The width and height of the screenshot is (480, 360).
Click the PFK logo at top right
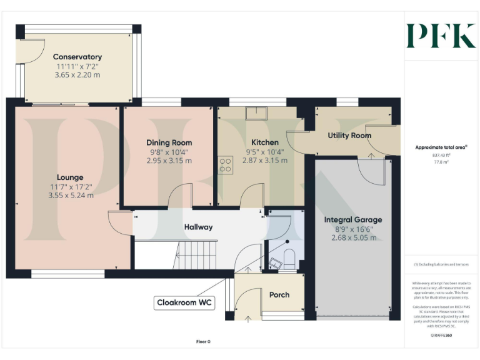[x=441, y=36]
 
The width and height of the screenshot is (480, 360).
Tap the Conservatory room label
[x=77, y=57]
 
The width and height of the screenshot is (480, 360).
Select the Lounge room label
[x=69, y=177]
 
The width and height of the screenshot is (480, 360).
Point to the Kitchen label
[x=264, y=142]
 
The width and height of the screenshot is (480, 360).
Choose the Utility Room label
[x=349, y=135]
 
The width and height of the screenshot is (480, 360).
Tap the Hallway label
[x=198, y=227]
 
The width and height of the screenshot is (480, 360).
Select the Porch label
[x=279, y=294]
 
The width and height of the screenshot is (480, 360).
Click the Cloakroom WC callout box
[x=184, y=303]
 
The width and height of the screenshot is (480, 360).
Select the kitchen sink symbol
[x=256, y=112]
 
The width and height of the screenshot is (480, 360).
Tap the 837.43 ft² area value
[x=441, y=155]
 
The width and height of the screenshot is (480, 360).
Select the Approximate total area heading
[x=441, y=147]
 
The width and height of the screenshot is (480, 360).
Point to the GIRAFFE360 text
[x=441, y=336]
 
